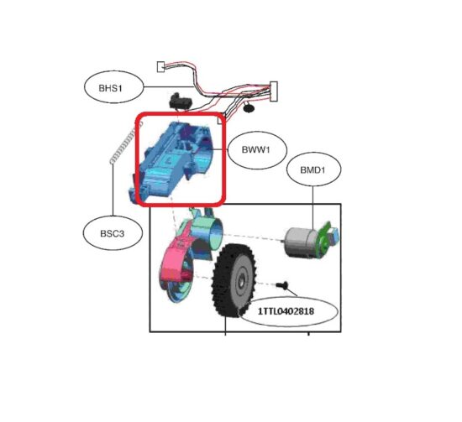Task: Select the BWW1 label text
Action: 255,150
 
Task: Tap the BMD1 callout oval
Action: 313,169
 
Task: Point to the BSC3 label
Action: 113,234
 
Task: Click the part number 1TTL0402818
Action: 286,311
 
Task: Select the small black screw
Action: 282,285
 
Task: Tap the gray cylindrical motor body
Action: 302,242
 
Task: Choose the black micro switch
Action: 181,102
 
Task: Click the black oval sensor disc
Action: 249,108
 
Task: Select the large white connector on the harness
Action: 274,91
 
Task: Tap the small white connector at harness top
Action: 161,66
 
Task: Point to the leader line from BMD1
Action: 313,207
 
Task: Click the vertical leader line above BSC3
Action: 113,190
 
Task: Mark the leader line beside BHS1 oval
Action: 169,86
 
